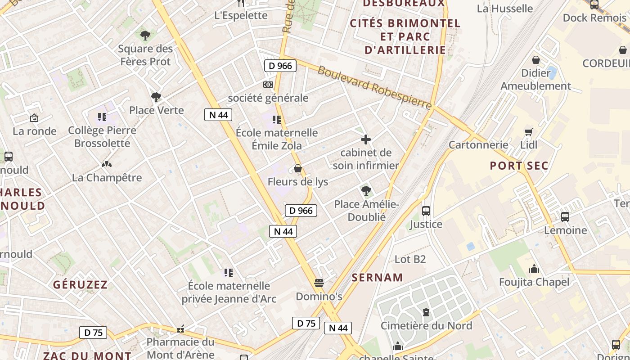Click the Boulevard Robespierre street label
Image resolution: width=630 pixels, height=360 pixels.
tap(374, 88)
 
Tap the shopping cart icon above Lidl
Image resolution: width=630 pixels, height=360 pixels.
tap(529, 132)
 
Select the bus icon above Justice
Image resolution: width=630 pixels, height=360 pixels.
tap(426, 211)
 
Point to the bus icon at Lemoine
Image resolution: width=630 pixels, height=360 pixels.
tap(565, 217)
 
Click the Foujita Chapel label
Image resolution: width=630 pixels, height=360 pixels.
tap(534, 282)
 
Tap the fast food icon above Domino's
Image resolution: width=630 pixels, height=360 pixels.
tap(319, 283)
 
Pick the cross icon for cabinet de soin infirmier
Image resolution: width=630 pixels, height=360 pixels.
tap(366, 139)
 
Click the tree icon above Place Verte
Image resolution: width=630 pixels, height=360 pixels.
tap(156, 97)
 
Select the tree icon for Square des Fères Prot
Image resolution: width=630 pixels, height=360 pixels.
tap(145, 35)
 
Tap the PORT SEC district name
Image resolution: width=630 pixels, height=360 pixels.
tap(519, 166)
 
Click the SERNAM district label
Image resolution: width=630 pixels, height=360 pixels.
tap(377, 278)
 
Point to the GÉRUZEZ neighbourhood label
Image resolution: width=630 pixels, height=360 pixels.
tap(81, 285)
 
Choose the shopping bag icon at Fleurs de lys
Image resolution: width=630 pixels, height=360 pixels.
tap(297, 169)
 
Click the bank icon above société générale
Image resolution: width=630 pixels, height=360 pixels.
tap(268, 85)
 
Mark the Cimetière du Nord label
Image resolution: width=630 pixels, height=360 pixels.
tap(426, 326)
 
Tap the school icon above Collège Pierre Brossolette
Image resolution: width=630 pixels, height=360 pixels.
tap(102, 117)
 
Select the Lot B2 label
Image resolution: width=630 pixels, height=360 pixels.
tap(410, 259)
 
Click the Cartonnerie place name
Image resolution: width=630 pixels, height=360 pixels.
tap(478, 145)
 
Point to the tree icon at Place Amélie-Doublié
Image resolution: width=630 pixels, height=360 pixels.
tap(366, 191)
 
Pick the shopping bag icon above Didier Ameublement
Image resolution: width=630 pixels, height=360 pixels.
tap(536, 59)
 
